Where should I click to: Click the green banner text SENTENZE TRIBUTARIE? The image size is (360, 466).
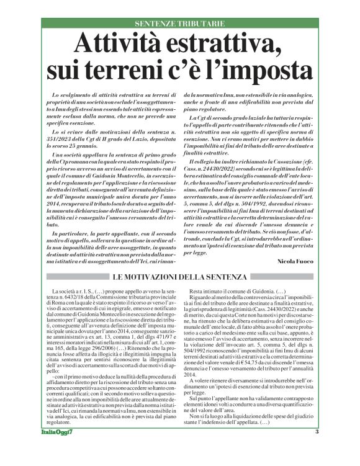[x=179, y=23]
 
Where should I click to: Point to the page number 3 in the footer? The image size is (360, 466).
[x=317, y=449]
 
